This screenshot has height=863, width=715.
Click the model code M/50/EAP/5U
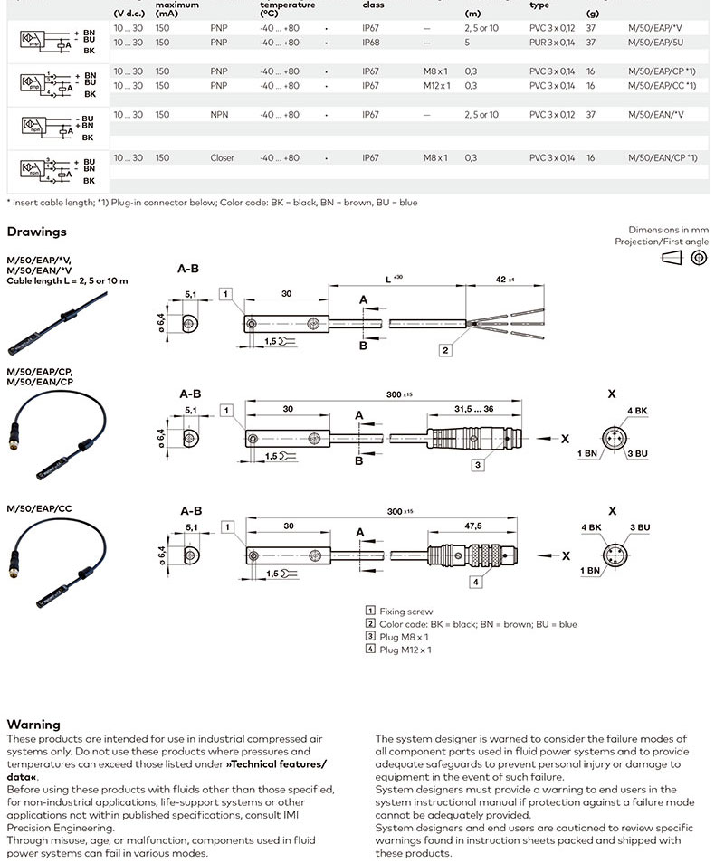[654, 42]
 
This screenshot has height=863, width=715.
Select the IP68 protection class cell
[371, 42]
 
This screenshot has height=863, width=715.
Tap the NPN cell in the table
[218, 115]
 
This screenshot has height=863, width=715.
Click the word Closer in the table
[222, 158]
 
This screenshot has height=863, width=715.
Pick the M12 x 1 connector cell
[435, 85]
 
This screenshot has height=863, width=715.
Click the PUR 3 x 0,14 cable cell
[551, 42]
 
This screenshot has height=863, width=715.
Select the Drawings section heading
[37, 232]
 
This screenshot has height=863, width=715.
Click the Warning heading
[33, 724]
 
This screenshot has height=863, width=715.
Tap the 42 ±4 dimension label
[504, 280]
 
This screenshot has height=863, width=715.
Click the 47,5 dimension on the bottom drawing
[472, 526]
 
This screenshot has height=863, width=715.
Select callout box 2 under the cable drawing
[446, 349]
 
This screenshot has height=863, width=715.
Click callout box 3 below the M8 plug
[477, 465]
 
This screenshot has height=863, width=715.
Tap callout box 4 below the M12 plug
[476, 582]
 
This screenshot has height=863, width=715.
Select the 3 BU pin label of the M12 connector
[640, 526]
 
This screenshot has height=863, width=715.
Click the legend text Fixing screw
[405, 612]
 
